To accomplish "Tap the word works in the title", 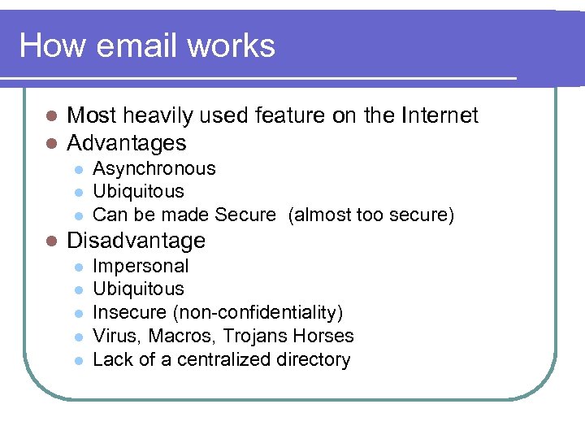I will click(232, 46).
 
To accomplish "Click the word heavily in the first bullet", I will click(158, 116).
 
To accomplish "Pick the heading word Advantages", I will click(127, 144).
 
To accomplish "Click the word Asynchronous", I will click(154, 169).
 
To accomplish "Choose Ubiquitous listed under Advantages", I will click(139, 192).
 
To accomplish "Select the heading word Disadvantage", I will click(136, 241).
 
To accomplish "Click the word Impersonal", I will click(141, 266).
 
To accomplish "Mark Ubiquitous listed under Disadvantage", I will click(139, 289).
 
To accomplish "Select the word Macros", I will click(175, 336).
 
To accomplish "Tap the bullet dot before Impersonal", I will click(78, 267).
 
